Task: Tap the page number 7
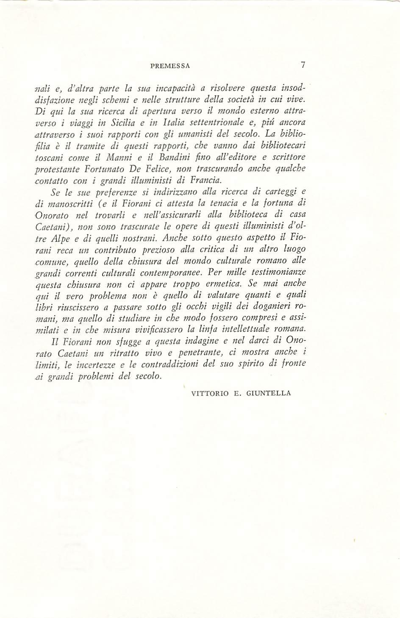point(303,65)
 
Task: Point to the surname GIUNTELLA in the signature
point(269,393)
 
